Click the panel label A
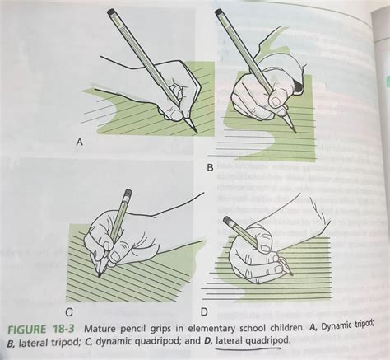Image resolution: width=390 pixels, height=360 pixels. coord(80,143)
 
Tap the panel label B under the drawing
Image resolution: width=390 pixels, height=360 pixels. coord(210,167)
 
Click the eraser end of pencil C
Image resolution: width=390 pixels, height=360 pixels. coord(127,194)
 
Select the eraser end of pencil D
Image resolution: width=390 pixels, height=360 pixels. coord(226,220)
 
